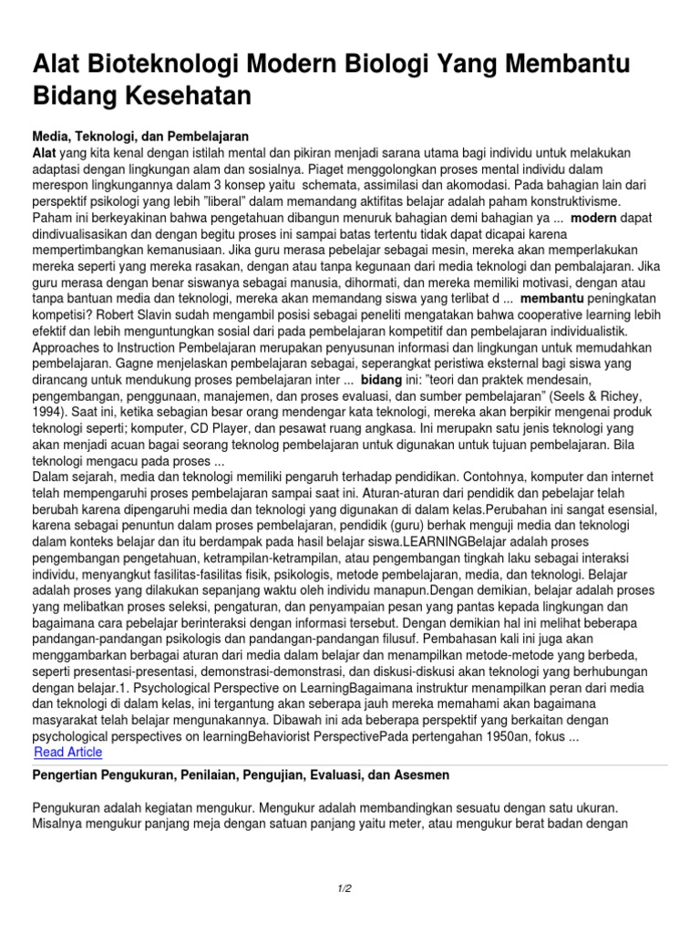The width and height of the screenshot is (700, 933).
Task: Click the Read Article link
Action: coord(67,753)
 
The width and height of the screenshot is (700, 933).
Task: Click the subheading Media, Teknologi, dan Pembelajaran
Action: coord(140,135)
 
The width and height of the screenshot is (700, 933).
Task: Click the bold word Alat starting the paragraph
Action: coord(46,151)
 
